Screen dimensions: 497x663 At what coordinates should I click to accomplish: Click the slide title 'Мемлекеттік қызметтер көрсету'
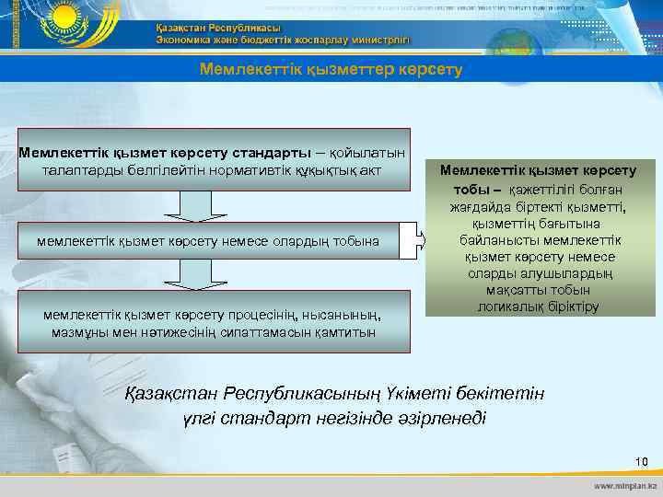click(331, 70)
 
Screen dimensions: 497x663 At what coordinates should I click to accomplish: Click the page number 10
click(641, 460)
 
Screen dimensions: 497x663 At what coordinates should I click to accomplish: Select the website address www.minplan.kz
click(625, 484)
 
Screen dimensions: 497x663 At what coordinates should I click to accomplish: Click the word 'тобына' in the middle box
click(360, 241)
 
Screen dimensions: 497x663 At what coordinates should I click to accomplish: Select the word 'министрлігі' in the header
click(374, 40)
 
